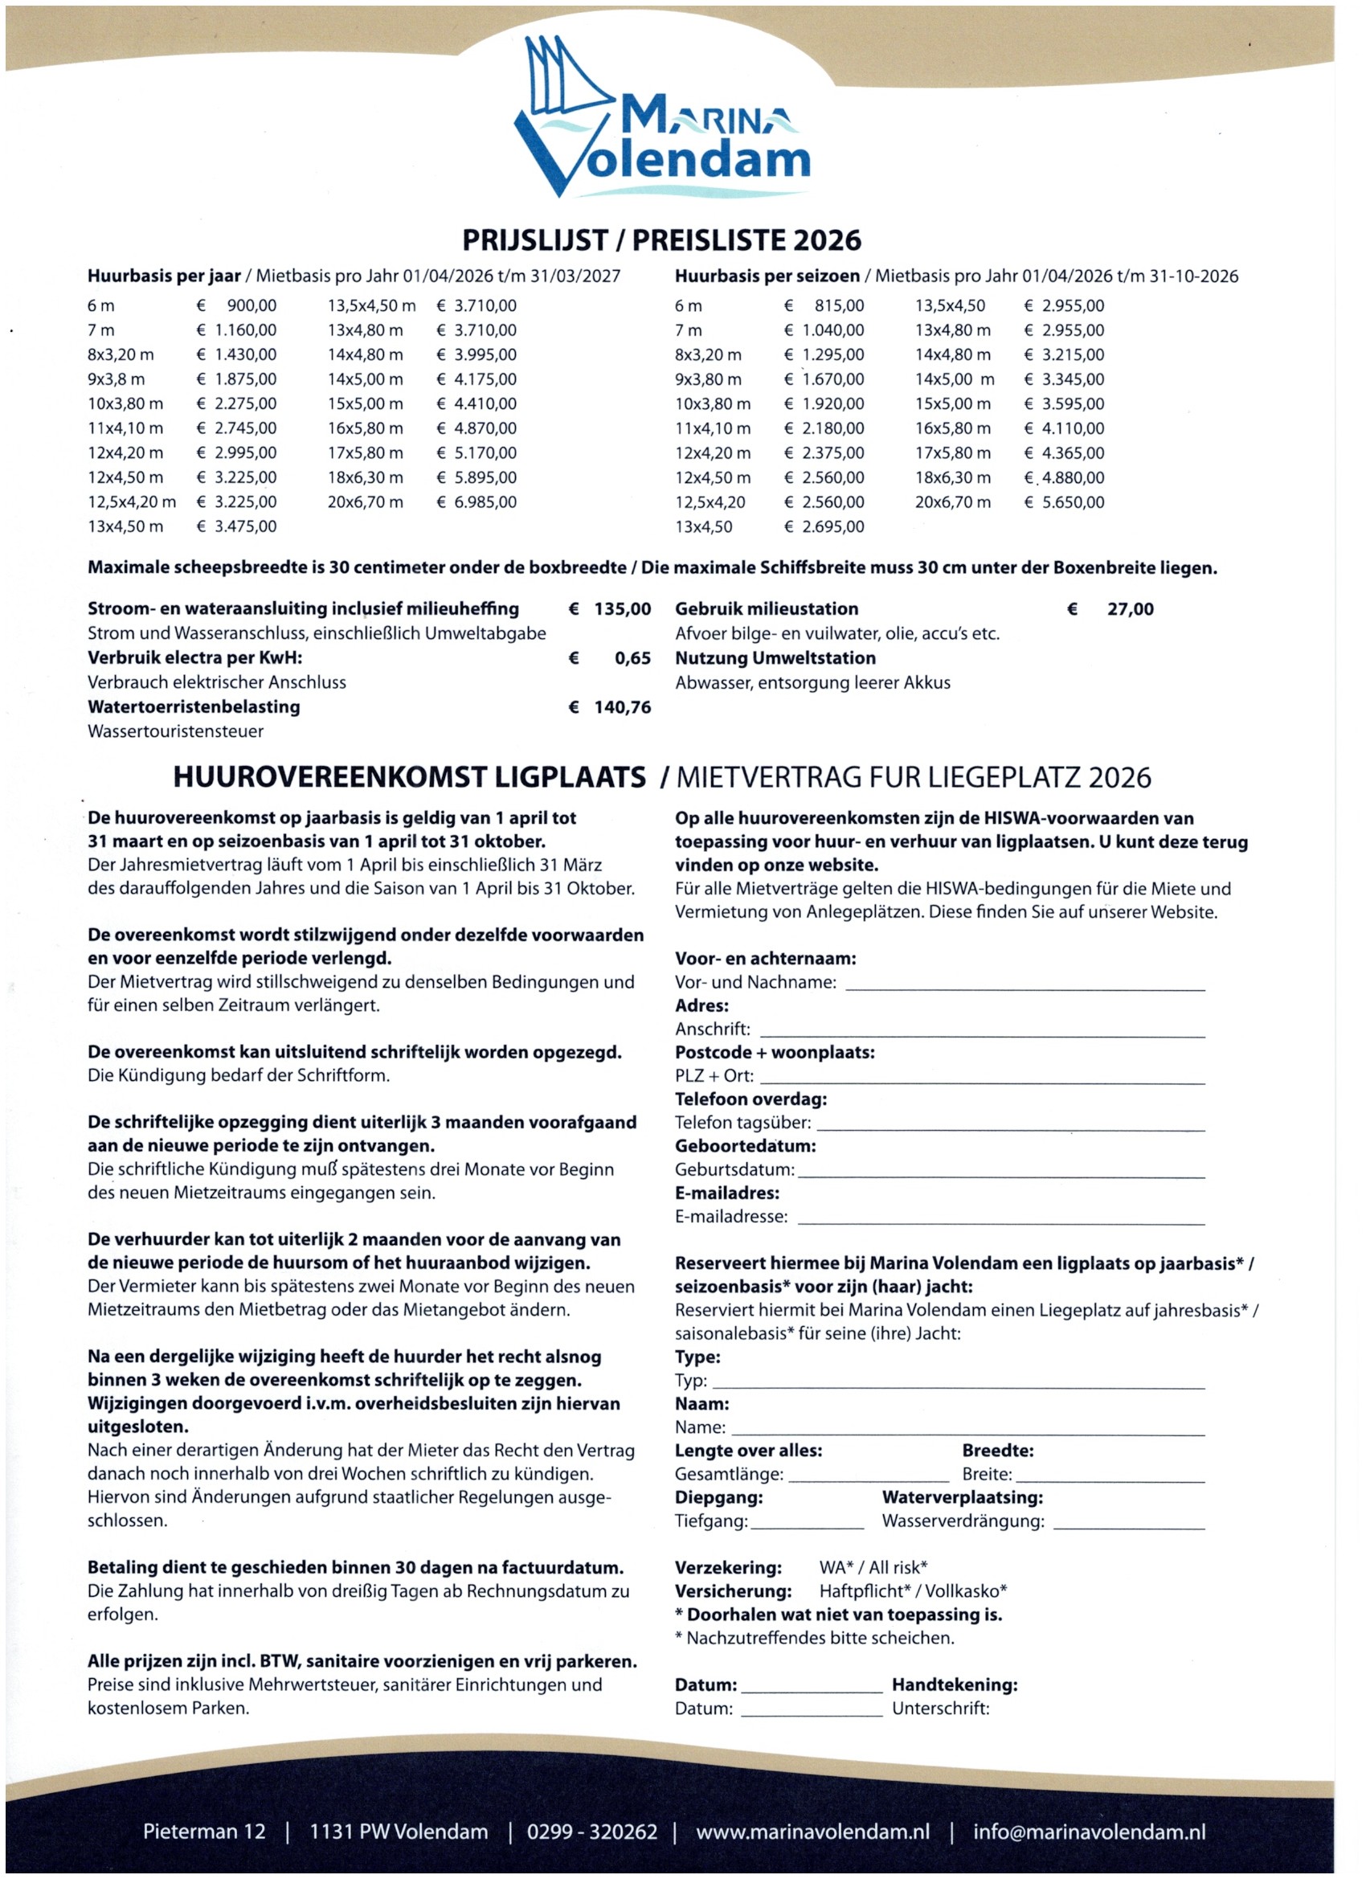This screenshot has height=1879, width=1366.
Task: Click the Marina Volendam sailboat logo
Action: [661, 117]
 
